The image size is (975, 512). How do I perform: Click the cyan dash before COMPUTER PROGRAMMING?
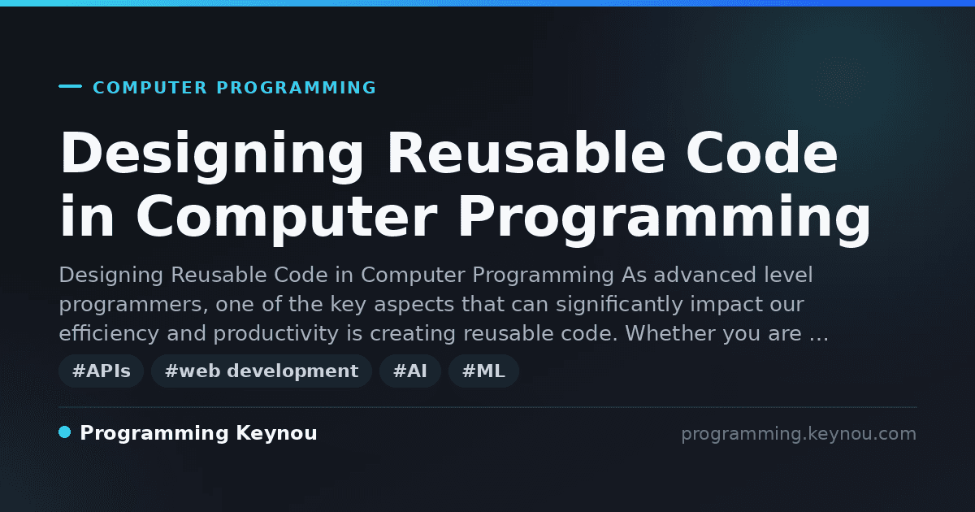coord(70,86)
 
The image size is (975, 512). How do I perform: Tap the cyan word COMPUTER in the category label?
coord(150,88)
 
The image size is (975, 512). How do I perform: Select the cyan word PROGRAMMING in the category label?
coord(297,88)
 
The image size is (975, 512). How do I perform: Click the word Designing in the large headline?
coord(211,156)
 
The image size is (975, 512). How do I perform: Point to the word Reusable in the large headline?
coord(526,154)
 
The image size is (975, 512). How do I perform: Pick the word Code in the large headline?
coord(762,154)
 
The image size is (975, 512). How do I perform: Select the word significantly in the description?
coord(619,304)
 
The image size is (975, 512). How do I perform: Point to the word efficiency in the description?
coord(109,333)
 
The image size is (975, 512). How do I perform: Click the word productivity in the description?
coord(276,333)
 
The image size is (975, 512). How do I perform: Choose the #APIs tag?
coord(102,371)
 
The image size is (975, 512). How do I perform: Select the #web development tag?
coord(262,371)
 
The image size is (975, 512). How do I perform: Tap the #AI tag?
coord(410,371)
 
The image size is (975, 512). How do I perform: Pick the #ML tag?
coord(483,371)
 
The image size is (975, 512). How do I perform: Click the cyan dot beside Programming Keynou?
coord(64,432)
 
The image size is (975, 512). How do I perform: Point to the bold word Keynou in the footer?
coord(276,433)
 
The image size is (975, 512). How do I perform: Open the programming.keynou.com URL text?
coord(799,434)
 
